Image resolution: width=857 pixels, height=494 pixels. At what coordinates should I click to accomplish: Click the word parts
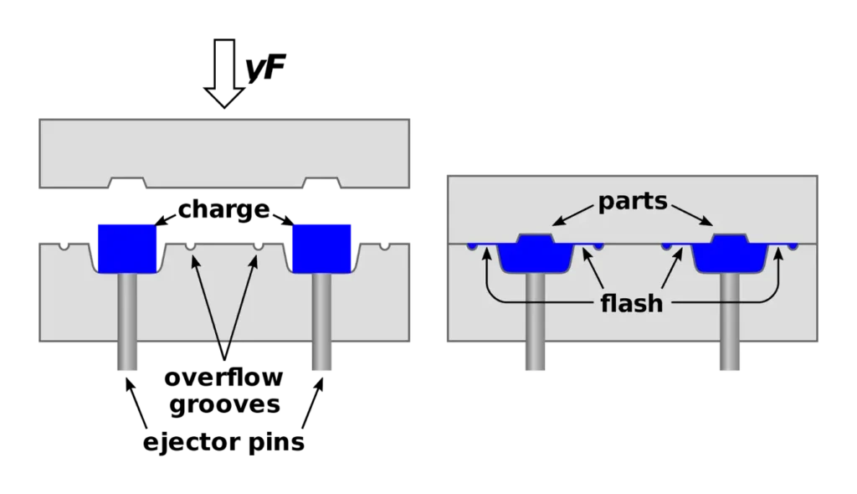632,203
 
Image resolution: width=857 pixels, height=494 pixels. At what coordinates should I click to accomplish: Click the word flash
632,302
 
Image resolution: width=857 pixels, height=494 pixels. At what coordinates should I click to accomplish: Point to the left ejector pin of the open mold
127,322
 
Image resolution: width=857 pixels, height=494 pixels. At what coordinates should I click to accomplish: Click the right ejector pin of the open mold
321,322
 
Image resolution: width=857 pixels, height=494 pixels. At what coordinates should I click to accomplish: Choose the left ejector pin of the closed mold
535,322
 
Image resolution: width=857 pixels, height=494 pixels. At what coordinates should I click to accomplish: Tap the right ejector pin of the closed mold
728,322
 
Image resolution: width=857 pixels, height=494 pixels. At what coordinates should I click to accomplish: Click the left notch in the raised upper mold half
128,183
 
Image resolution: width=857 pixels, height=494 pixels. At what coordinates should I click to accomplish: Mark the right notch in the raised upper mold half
321,183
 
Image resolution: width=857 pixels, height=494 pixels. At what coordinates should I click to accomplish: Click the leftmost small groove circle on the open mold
64,245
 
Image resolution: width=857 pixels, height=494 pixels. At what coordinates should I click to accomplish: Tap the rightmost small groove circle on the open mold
384,245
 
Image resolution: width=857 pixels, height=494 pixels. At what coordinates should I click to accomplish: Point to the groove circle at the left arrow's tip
191,246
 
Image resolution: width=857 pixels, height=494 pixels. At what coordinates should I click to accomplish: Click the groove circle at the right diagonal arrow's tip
258,246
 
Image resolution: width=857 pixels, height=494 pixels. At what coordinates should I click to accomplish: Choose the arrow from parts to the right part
691,214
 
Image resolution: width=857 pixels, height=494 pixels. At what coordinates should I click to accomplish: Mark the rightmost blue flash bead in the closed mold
792,246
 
